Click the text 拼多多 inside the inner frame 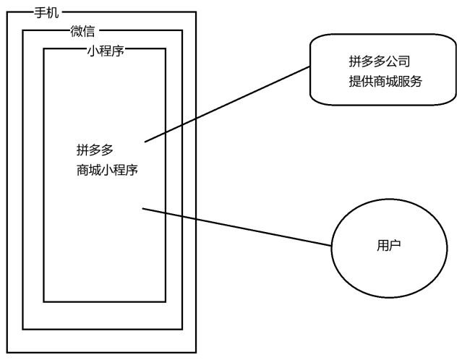pos(95,150)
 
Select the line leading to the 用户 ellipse pos(239,228)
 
